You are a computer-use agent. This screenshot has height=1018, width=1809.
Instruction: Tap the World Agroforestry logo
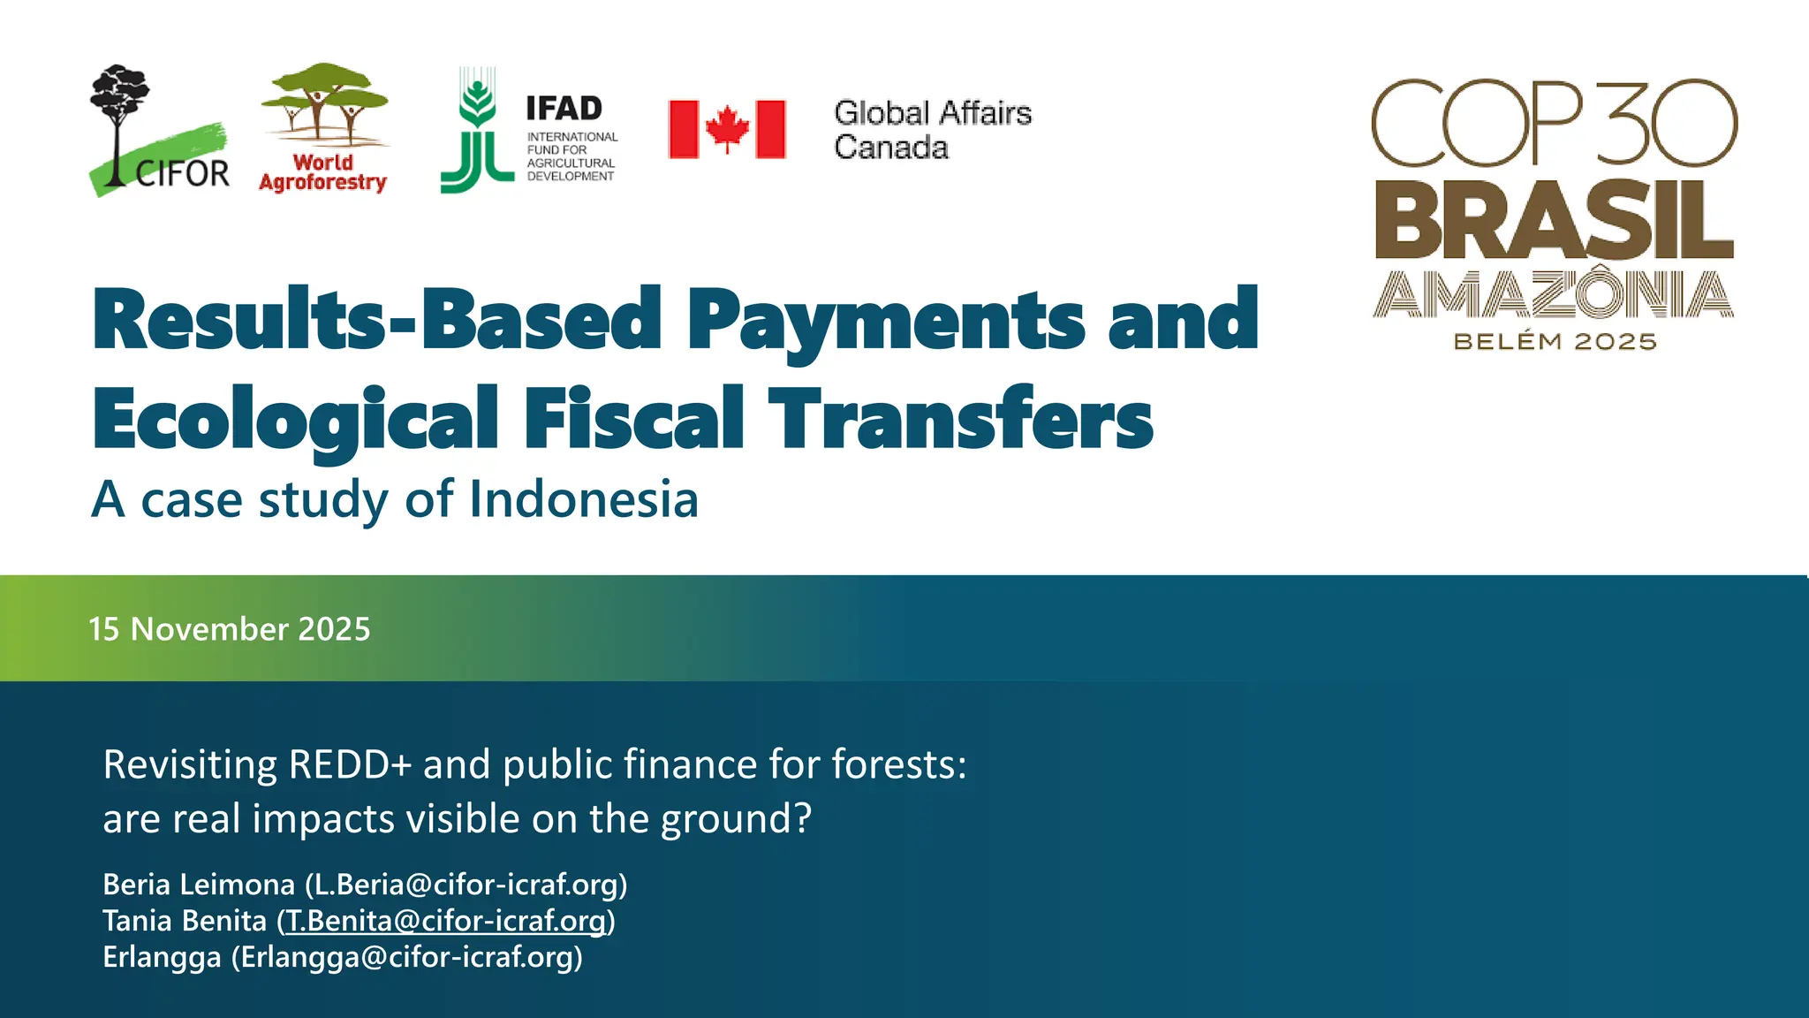pyautogui.click(x=323, y=128)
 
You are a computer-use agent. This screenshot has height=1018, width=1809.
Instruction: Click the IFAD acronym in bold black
pyautogui.click(x=564, y=109)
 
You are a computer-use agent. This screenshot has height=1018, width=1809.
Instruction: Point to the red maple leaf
pyautogui.click(x=727, y=129)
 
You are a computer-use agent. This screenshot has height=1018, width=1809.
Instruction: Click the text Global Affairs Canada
pyautogui.click(x=932, y=130)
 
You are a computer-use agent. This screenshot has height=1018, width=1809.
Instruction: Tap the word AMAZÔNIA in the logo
pyautogui.click(x=1553, y=295)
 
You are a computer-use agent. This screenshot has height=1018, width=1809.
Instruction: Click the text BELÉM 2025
pyautogui.click(x=1555, y=342)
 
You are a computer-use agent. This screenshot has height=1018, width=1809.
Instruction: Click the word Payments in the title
pyautogui.click(x=885, y=320)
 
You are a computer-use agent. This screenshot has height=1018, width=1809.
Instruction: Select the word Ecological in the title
pyautogui.click(x=295, y=419)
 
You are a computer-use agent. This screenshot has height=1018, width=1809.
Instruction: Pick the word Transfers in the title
pyautogui.click(x=960, y=419)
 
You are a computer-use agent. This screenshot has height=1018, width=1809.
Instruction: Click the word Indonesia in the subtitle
pyautogui.click(x=584, y=499)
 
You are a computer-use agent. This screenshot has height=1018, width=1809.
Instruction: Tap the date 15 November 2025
pyautogui.click(x=230, y=629)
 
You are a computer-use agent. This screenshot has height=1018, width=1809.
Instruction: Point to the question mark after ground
pyautogui.click(x=802, y=818)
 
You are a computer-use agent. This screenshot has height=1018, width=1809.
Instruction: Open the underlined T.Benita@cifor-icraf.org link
pyautogui.click(x=446, y=921)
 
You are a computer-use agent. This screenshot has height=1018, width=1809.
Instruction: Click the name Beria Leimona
pyautogui.click(x=199, y=885)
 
